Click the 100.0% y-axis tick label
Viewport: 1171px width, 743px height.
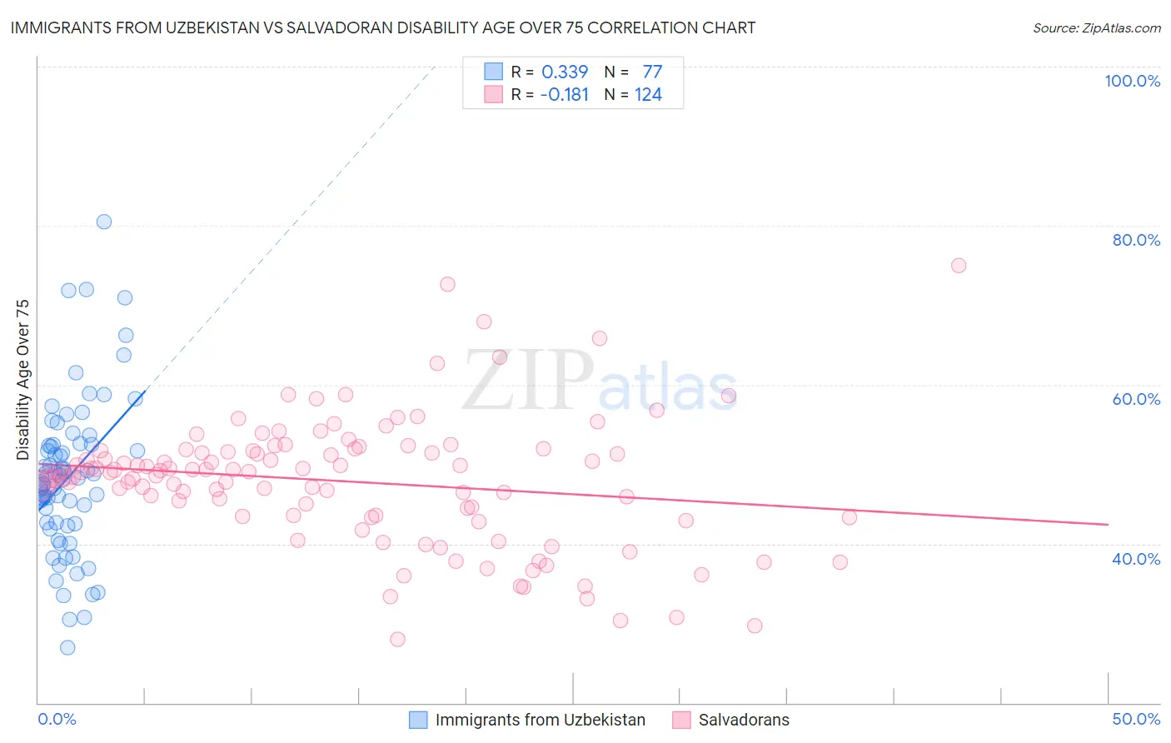1132,81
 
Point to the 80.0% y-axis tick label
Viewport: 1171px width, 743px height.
1136,240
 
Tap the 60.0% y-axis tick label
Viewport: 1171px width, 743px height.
1136,399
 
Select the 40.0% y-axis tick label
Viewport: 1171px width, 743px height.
1136,559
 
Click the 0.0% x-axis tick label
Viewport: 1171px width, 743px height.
57,719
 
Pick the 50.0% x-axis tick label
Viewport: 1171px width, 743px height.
1136,719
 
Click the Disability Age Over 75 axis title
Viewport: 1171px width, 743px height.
23,380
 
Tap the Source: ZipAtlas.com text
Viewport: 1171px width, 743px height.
1096,28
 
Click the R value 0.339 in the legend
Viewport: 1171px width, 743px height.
565,72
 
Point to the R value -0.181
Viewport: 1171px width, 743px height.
564,95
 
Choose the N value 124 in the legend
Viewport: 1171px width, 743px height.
648,95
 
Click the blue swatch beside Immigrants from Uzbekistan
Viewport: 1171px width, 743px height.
418,720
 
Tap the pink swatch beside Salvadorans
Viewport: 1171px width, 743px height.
681,720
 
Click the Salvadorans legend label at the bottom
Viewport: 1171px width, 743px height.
744,720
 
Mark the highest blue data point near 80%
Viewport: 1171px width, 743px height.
104,222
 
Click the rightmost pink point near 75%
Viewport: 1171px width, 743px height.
959,266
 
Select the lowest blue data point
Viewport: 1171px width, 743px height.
67,647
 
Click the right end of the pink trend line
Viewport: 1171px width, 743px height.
1108,524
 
